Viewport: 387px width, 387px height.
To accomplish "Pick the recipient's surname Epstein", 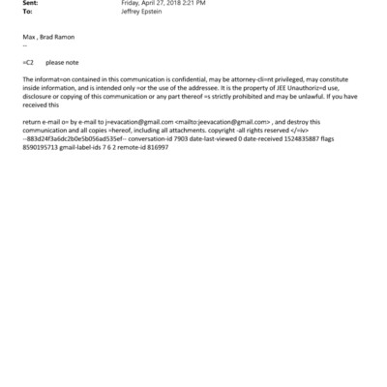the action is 152,14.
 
